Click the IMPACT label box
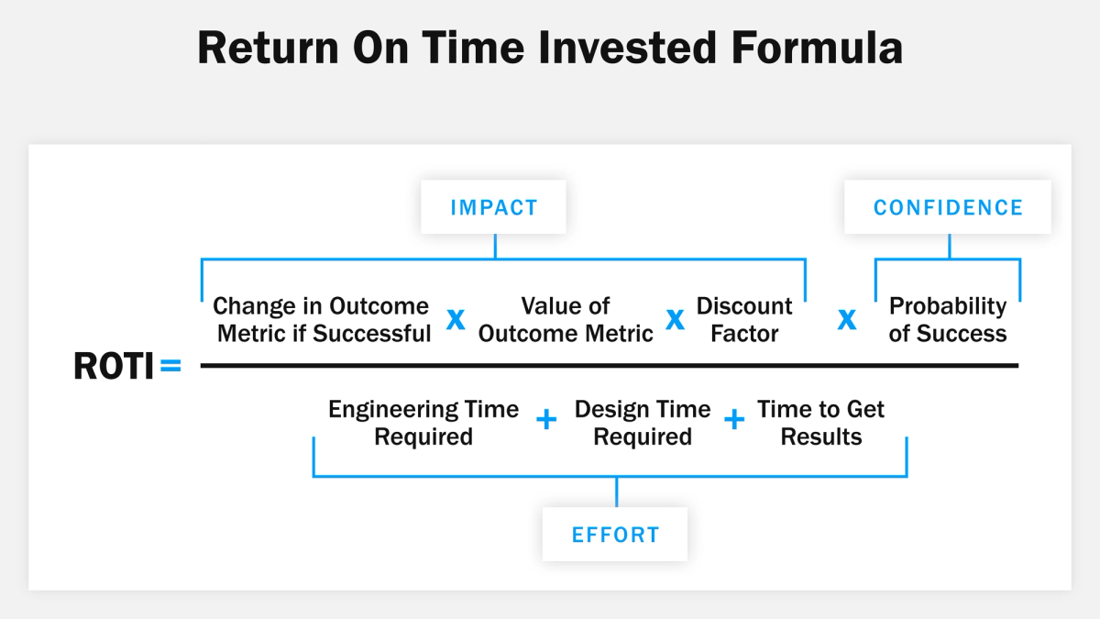coord(493,206)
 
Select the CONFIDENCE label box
coord(948,206)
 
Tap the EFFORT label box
coord(615,534)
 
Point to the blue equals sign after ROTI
coord(171,367)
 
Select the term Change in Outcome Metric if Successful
coord(323,319)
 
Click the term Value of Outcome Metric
coord(566,319)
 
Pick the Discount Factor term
coord(744,319)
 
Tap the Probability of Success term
coord(948,319)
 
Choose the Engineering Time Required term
coord(423,423)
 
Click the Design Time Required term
coord(643,423)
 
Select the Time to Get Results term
coord(821,423)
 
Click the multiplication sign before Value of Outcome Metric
coord(456,319)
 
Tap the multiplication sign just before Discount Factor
coord(676,319)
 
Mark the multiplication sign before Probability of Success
coord(848,319)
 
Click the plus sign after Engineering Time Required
coord(546,420)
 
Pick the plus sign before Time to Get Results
coord(734,420)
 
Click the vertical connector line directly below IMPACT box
coord(495,246)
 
